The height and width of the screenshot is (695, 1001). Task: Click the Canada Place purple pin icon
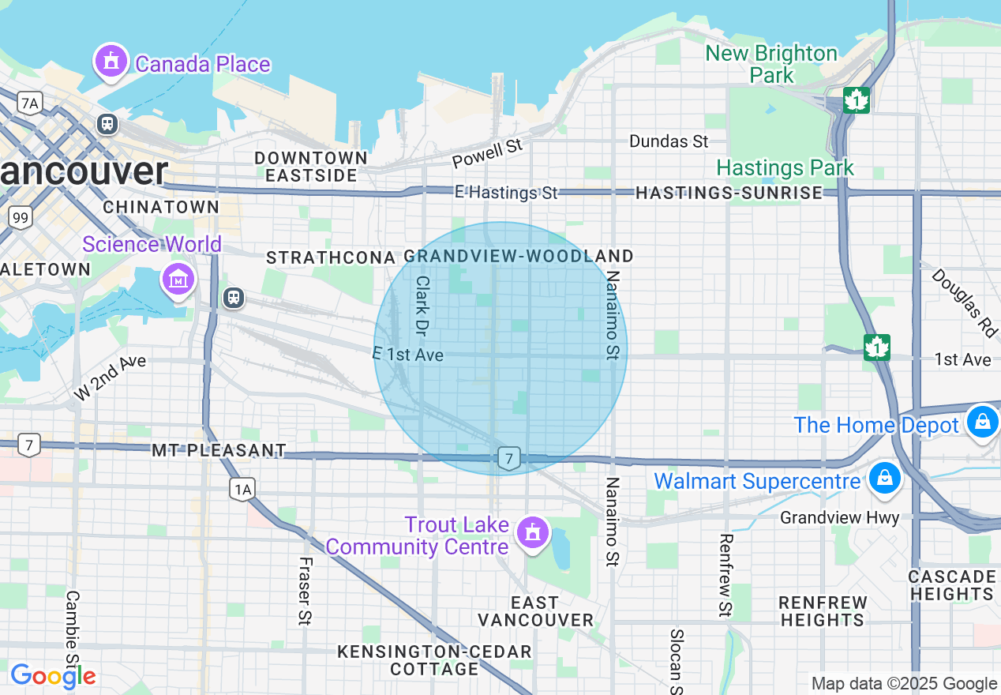point(111,61)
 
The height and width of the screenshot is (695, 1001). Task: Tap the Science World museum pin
point(178,278)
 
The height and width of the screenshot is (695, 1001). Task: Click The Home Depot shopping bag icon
point(983,422)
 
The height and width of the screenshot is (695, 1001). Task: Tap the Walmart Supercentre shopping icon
point(885,479)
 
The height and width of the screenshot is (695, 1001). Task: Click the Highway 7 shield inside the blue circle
point(510,458)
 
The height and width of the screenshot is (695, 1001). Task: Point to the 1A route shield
point(243,490)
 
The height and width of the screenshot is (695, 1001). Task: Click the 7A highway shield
point(30,103)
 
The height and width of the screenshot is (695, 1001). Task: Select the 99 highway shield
point(21,216)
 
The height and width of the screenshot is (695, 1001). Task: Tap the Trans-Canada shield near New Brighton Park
point(857,100)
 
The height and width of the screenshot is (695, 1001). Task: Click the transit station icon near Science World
point(233,297)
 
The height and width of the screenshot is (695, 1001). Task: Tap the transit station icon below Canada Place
point(107,124)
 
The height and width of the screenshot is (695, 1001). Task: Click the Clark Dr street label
point(422,303)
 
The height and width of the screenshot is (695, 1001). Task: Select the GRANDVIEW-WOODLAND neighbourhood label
point(519,256)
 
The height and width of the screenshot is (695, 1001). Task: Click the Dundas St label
point(669,141)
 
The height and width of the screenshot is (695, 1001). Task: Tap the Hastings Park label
point(785,167)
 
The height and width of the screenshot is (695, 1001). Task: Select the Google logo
point(53,676)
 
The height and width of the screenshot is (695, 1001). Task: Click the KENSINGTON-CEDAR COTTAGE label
point(434,660)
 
